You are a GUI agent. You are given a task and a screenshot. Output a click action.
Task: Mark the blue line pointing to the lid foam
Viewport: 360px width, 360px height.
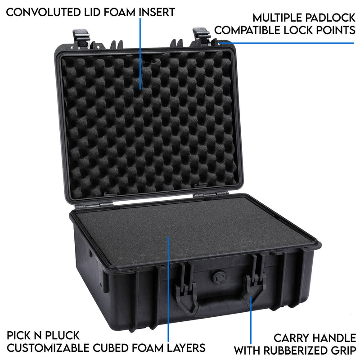[x=141, y=54]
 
